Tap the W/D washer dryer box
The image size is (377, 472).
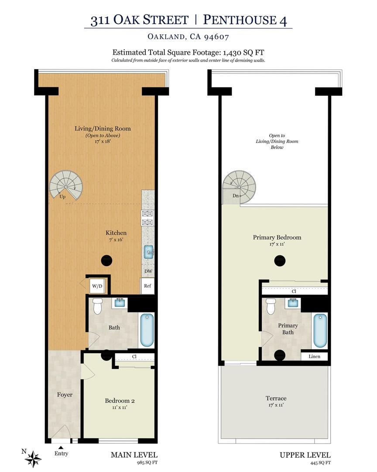pos(96,287)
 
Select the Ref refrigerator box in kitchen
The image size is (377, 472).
pos(147,286)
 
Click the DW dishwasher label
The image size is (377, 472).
pos(147,271)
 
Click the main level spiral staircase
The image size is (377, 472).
pos(65,186)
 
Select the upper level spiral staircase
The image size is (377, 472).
pos(239,186)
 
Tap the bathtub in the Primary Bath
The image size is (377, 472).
pos(320,330)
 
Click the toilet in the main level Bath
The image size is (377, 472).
pos(98,305)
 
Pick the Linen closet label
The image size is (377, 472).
pos(314,357)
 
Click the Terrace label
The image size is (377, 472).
pos(276,398)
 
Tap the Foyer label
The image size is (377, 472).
pos(65,395)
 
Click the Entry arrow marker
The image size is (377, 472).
pos(61,447)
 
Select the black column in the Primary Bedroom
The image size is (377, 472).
pos(280,261)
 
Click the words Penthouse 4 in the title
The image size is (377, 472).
pos(245,20)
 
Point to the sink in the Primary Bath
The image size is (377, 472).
pos(293,303)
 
